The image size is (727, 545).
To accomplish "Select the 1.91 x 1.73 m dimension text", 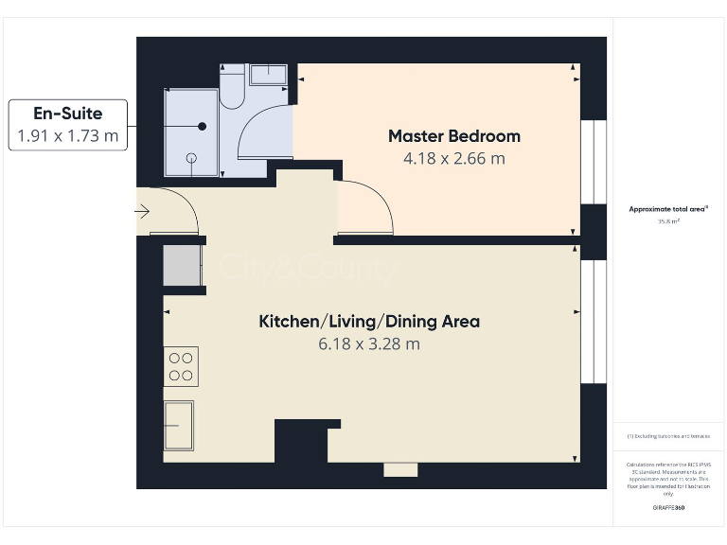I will (x=68, y=136).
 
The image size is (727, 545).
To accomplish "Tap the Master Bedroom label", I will (x=454, y=136).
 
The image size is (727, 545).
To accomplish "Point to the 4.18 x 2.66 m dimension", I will (x=454, y=158).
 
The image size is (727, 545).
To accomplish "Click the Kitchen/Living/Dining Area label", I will (x=369, y=322).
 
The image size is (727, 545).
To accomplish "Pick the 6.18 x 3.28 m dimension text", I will (x=369, y=344).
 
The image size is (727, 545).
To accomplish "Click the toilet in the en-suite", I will (x=232, y=91).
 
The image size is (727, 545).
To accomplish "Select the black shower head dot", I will (x=202, y=126).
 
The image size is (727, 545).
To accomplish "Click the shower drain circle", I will (x=192, y=157).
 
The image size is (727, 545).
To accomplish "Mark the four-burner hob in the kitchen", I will (x=181, y=367).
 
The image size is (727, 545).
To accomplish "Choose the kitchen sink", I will (x=178, y=426).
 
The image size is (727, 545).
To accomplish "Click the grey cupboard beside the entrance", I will (x=182, y=265).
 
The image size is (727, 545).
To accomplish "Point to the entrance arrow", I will (x=143, y=212).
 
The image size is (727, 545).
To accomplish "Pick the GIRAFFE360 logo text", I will (x=668, y=508).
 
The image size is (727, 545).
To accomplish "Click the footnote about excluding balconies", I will (x=668, y=436).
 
